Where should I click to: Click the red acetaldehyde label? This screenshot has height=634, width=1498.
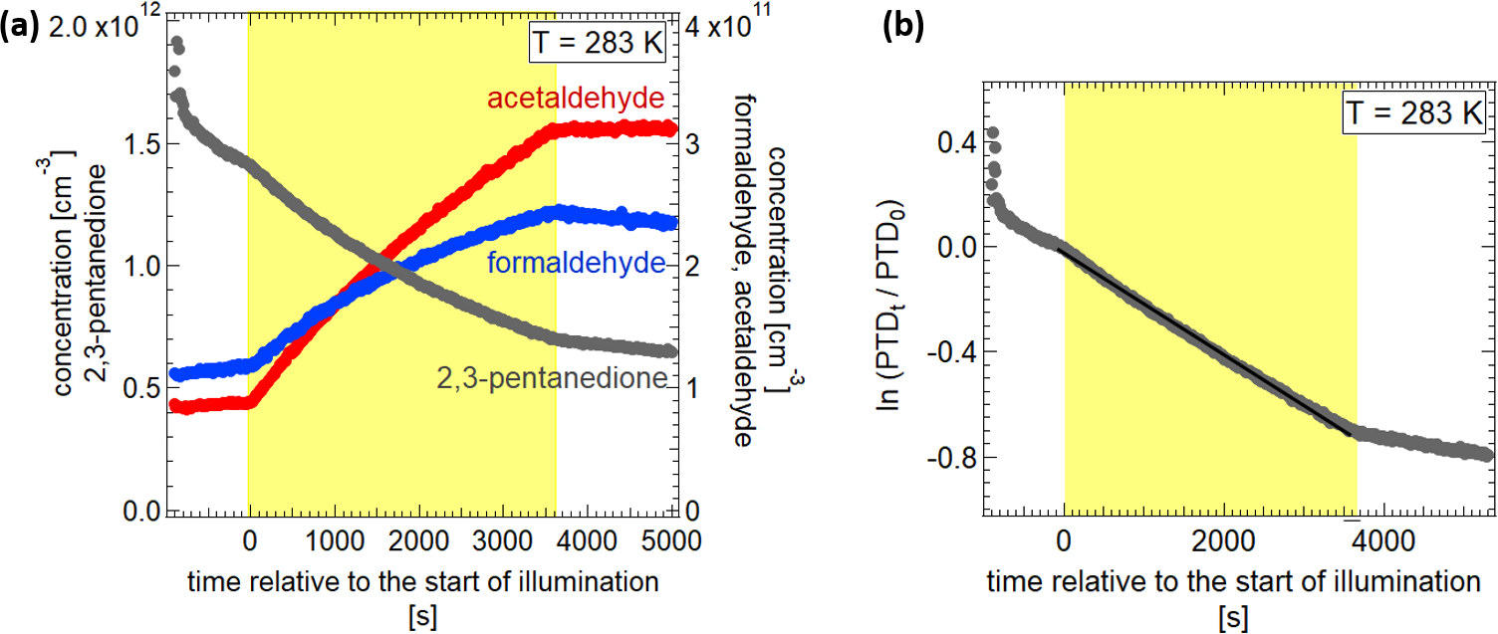pos(576,99)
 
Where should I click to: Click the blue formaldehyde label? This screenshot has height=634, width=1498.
pos(575,264)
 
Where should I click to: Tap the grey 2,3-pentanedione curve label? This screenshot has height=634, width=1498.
pos(550,377)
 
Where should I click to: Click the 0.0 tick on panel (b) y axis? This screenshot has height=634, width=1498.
pos(954,247)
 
